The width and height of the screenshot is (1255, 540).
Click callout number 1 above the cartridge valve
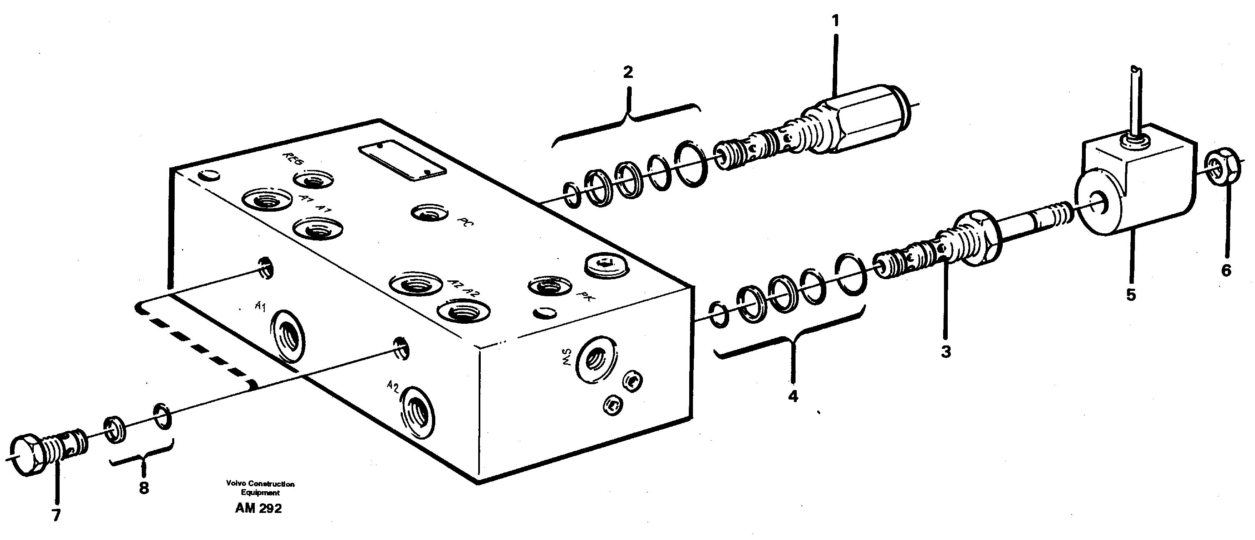[835, 21]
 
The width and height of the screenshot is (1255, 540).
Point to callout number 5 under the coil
[1131, 295]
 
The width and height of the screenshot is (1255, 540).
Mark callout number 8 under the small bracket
[144, 488]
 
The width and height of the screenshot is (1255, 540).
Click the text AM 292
[258, 509]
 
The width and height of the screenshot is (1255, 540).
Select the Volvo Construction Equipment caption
[260, 488]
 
